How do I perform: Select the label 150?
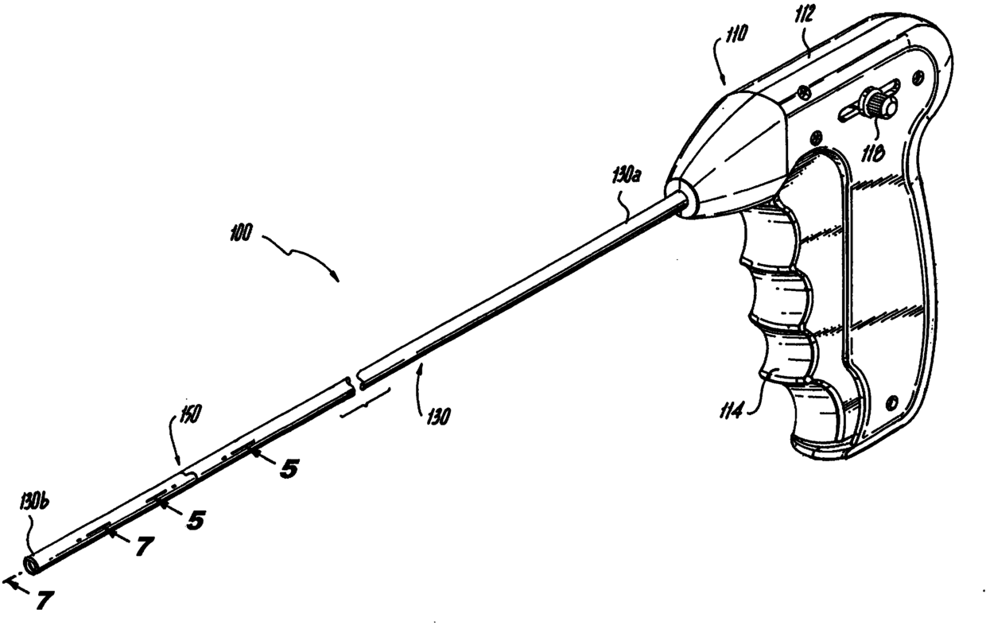[188, 414]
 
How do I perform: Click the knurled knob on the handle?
[876, 105]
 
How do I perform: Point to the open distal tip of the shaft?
[33, 565]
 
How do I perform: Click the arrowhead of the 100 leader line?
[339, 278]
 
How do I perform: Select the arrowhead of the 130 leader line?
[421, 364]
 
